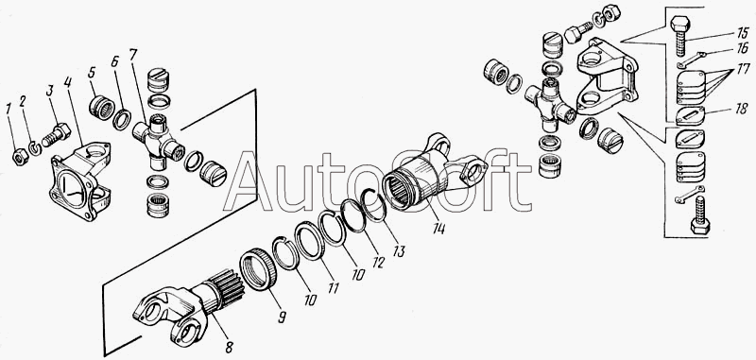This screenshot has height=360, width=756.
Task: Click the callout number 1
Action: tap(9, 109)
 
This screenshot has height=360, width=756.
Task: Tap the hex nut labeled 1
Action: tap(20, 157)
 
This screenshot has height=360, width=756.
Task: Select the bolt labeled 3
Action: tap(56, 135)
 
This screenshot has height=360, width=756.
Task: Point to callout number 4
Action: tap(68, 82)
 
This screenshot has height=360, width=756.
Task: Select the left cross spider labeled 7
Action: tap(158, 142)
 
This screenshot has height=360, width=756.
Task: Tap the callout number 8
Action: tap(230, 347)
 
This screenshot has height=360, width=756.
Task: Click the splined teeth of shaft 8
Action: tap(228, 287)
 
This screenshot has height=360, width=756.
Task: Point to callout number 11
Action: tap(334, 287)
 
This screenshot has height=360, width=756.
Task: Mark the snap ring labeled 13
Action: tap(372, 204)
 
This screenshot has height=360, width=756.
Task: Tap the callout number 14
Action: tap(438, 228)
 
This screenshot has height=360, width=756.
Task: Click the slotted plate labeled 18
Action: tap(690, 115)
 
